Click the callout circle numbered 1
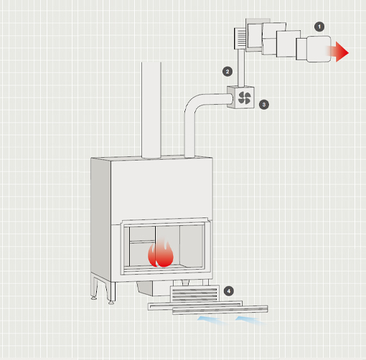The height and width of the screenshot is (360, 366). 319,27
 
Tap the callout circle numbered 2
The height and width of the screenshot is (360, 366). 227,71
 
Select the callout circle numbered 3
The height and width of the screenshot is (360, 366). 264,105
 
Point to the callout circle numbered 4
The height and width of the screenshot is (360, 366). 229,291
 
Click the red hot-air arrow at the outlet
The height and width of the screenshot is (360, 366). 339,52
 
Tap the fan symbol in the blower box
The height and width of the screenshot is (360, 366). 245,98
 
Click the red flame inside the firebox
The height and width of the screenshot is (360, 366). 161,254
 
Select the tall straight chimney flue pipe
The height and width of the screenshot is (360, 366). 151,110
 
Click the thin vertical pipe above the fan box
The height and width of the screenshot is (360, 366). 241,68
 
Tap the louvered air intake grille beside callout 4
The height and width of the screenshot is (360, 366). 194,293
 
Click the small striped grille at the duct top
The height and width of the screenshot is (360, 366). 240,39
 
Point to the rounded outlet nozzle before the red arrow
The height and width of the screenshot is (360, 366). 319,49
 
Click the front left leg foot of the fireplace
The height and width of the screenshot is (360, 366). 111,302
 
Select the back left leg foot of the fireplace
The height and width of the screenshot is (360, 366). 94,298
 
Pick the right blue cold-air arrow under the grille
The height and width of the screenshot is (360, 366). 250,321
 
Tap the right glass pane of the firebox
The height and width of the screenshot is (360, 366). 192,246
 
